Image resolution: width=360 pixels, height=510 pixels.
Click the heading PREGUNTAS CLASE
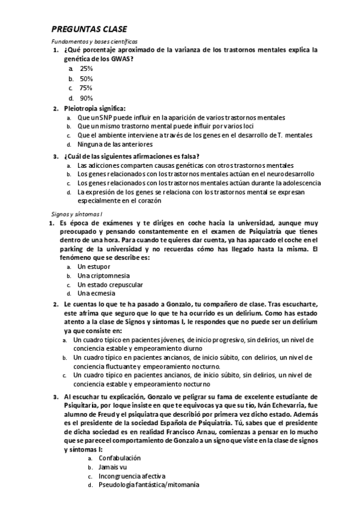pyautogui.click(x=88, y=29)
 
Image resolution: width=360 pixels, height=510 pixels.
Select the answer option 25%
pyautogui.click(x=86, y=69)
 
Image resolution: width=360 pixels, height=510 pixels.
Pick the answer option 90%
pyautogui.click(x=86, y=98)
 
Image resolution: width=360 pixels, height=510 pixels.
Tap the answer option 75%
pyautogui.click(x=86, y=88)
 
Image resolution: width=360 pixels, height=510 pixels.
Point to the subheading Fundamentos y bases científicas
pyautogui.click(x=89, y=41)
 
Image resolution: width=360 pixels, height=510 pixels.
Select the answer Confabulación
pyautogui.click(x=119, y=458)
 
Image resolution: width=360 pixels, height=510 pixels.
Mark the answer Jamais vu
pyautogui.click(x=112, y=467)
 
